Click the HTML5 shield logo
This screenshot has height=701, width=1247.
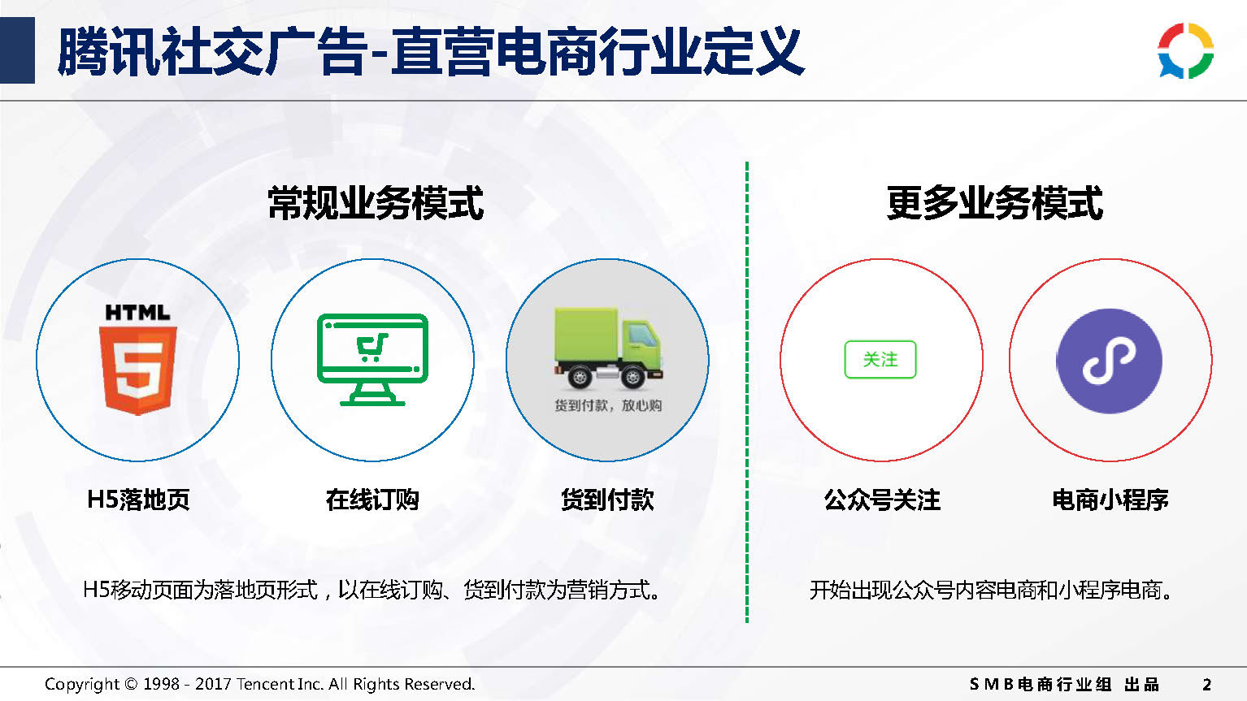[137, 359]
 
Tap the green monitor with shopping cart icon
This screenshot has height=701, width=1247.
[372, 359]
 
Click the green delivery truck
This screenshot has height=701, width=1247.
[608, 347]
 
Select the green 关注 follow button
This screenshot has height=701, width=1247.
[880, 359]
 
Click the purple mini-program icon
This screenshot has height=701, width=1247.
[1110, 361]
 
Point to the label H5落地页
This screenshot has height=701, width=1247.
[138, 499]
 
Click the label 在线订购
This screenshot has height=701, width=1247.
[372, 499]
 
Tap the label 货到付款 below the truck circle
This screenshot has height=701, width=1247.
[607, 499]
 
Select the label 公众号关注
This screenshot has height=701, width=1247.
[882, 499]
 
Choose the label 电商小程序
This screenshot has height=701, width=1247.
[1110, 499]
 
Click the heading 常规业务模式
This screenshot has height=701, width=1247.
[376, 203]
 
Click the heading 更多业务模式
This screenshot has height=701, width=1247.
[995, 203]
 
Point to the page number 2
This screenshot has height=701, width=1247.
[1207, 684]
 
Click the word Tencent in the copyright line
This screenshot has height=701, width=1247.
[260, 684]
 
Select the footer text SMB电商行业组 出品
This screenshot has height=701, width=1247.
[1064, 684]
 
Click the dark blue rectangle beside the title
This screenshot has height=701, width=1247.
[17, 50]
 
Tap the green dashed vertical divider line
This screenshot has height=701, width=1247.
[746, 392]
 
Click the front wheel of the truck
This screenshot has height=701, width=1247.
[633, 378]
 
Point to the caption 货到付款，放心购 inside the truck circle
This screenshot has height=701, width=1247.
[608, 405]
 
